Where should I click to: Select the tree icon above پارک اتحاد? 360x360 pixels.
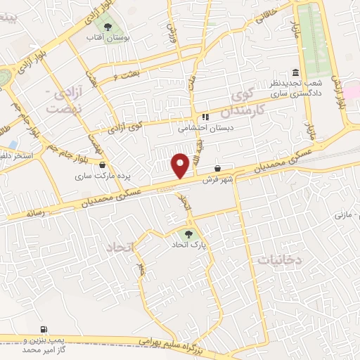pyautogui.click(x=188, y=234)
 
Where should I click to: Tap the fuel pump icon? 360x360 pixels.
pyautogui.click(x=45, y=328)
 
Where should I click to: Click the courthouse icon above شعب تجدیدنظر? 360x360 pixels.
pyautogui.click(x=295, y=73)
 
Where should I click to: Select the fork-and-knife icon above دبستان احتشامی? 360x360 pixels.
pyautogui.click(x=205, y=117)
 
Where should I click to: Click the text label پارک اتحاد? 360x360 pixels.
pyautogui.click(x=185, y=246)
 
